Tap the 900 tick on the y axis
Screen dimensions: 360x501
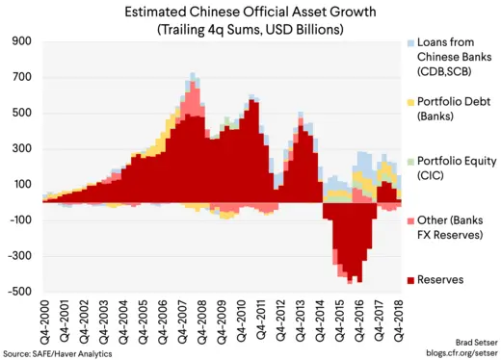coord(23,42)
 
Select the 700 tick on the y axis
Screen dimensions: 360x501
coord(23,78)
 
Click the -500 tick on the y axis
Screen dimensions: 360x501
coord(21,292)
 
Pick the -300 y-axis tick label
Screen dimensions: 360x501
coord(21,256)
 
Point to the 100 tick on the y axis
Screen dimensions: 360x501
coord(23,185)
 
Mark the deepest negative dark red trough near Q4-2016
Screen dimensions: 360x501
coord(360,281)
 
